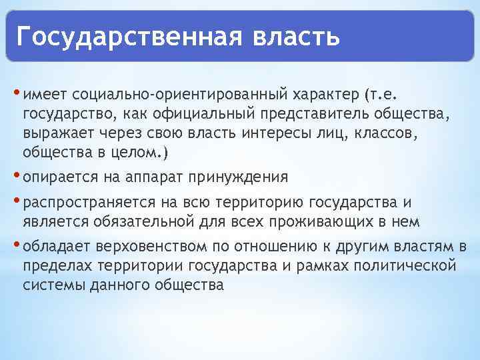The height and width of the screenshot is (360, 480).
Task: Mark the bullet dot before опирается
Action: pos(16,175)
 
